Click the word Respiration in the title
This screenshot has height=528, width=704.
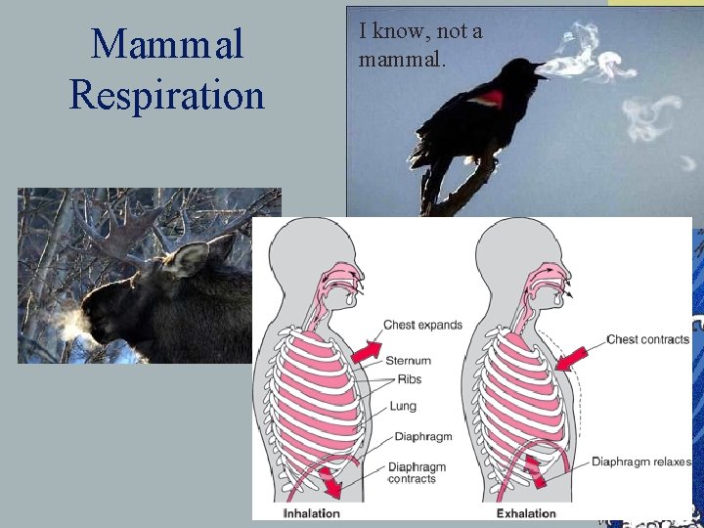166,96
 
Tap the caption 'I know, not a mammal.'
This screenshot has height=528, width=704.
420,45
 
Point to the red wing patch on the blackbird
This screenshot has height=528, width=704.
492,99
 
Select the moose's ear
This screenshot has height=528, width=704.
191,258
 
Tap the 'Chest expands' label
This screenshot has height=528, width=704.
422,325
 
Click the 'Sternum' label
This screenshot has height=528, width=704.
408,361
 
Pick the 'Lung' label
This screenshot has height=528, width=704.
402,406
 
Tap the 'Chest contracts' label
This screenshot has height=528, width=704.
647,339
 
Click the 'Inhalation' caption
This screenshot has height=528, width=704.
312,512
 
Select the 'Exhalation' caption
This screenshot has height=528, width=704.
526,512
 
